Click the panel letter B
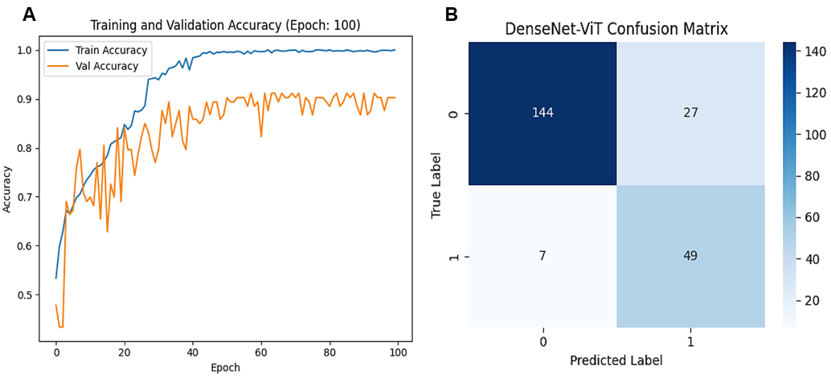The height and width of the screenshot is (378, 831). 452,14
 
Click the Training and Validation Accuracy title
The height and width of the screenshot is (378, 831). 225,26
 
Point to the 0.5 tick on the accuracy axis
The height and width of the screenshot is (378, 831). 27,295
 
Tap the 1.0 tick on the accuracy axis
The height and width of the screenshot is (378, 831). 27,50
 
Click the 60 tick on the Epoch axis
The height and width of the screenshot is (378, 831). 260,353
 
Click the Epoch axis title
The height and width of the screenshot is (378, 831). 225,368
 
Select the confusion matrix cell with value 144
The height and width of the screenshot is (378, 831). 542,113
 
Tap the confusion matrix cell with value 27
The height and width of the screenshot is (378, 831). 690,113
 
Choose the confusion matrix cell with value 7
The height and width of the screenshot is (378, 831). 542,256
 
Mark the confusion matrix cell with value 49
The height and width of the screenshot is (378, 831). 690,256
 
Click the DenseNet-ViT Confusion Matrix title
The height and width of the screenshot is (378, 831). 616,29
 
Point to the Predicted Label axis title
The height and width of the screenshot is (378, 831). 616,361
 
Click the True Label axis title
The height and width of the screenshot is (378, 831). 436,184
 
